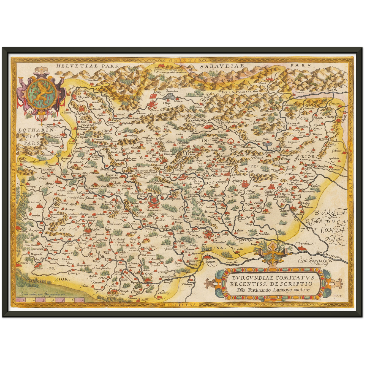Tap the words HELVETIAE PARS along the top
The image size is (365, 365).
pos(87,66)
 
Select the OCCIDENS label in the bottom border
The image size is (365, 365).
pos(182,305)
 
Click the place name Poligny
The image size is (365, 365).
pos(237,181)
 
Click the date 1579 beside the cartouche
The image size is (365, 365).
pos(340,295)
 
